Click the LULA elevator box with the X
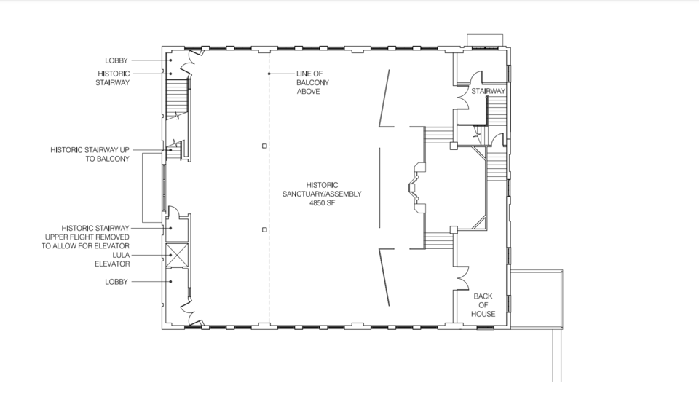[x=176, y=256]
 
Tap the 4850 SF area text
[x=322, y=202]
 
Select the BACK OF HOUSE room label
[x=483, y=305]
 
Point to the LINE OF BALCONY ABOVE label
[x=313, y=82]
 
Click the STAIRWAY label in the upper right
[x=488, y=91]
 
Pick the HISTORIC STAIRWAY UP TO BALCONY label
[x=90, y=154]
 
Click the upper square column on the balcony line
[x=264, y=146]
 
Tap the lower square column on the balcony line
[x=264, y=229]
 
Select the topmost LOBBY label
[x=116, y=60]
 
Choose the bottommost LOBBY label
[x=116, y=282]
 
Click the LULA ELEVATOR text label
[x=112, y=259]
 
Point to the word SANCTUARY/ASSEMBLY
[x=322, y=194]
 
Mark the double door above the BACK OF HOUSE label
[x=461, y=278]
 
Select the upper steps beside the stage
[x=438, y=135]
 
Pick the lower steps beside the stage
[x=438, y=240]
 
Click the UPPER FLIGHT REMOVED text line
[x=87, y=237]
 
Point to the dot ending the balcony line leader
[x=269, y=74]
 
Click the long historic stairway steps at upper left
[x=178, y=99]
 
